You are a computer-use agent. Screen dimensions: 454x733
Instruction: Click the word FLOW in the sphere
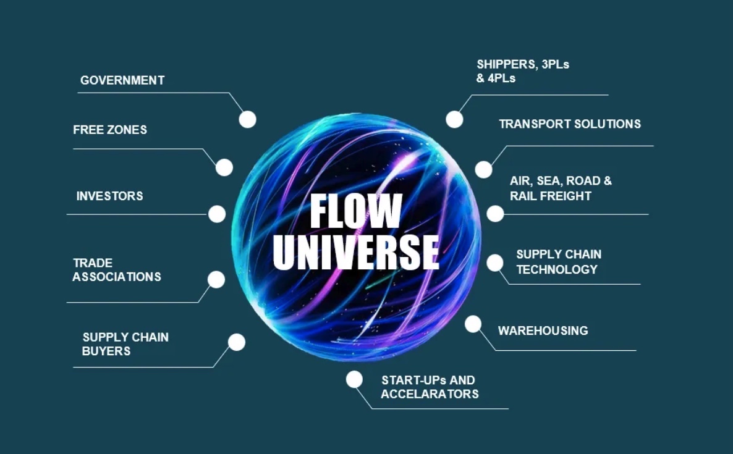coord(355,212)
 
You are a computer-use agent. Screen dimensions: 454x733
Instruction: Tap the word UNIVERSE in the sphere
coord(356,251)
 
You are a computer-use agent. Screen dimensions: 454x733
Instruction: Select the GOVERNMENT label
coord(122,80)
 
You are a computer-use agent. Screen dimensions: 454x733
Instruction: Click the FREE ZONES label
coord(110,130)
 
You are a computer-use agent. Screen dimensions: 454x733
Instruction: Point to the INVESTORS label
coord(109,196)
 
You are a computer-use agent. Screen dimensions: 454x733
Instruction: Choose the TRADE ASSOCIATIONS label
coord(116,270)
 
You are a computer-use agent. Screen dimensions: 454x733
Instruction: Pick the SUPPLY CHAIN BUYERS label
coord(125,344)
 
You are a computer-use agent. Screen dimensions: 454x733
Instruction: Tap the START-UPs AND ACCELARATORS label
coord(429,387)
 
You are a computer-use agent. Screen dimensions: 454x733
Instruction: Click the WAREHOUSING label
coord(543,330)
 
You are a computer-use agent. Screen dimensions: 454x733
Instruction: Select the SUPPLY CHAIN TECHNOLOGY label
coord(558,262)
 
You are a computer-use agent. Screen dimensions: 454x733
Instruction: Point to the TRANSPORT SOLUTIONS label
coord(569,124)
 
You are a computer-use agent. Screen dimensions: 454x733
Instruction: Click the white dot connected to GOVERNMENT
coord(247,119)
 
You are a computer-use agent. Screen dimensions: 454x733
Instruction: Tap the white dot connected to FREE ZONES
coord(224,167)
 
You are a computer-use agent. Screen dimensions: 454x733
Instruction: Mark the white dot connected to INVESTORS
coord(217,214)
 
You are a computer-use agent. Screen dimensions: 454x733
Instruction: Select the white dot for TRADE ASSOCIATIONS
coord(216,279)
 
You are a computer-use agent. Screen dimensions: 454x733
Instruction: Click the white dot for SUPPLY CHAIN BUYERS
coord(237,342)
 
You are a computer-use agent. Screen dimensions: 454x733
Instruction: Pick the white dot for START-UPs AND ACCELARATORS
coord(354,379)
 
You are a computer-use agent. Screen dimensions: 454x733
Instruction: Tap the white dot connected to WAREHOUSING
coord(473,324)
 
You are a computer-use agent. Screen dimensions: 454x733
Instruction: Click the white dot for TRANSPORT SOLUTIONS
coord(483,169)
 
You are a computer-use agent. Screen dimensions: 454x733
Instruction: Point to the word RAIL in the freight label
coord(522,196)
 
